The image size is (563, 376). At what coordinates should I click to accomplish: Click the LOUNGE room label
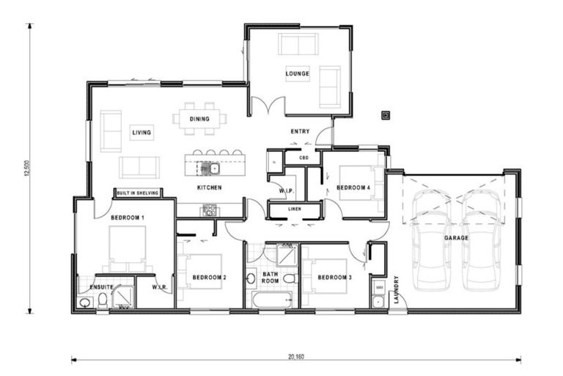coord(298,73)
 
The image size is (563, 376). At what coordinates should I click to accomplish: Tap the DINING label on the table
coord(199,119)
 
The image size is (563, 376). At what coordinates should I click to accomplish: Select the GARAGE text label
coord(457,238)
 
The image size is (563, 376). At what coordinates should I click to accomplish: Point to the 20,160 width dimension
coord(296,357)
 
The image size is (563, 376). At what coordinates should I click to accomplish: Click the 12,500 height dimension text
coord(26,168)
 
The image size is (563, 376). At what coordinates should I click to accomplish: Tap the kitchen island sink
coord(214,168)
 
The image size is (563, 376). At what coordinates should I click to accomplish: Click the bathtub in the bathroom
coord(271,300)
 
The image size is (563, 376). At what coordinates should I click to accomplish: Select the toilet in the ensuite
coord(103,300)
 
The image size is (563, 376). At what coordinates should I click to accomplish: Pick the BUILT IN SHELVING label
coord(138,193)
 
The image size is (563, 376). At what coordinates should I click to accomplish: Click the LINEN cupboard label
coord(295,209)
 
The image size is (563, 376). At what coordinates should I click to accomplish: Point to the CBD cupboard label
coord(303,158)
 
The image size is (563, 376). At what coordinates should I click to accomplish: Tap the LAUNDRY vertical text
coord(397,289)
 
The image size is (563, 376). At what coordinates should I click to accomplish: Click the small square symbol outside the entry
coord(386,115)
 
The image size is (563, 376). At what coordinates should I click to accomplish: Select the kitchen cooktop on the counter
coord(210,210)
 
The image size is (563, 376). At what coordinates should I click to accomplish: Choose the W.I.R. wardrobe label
coord(160,287)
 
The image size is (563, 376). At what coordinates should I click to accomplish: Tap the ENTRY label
coord(300,131)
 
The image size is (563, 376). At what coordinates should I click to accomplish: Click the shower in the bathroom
coord(287,255)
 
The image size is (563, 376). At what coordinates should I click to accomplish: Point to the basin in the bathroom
coord(251,278)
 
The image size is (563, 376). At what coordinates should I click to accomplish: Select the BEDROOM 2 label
coord(210,278)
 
